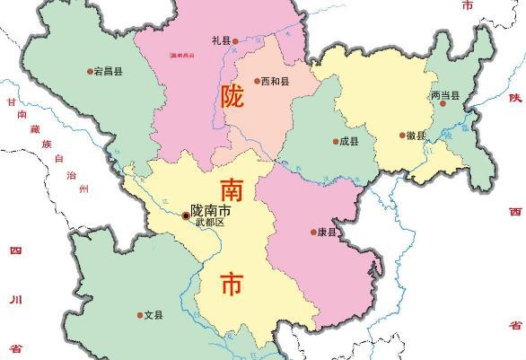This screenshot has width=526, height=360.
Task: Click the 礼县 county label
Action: [220, 40]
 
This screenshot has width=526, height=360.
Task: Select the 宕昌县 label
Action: [107, 72]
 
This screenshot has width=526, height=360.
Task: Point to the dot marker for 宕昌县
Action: [90, 72]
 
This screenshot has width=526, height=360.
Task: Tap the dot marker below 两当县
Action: [442, 105]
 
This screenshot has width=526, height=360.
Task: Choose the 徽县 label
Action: [416, 136]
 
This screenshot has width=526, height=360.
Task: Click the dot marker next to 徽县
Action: [402, 136]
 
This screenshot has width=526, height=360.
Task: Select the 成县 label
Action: [346, 141]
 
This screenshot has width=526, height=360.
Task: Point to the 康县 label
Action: [328, 233]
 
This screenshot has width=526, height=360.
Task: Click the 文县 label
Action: [153, 315]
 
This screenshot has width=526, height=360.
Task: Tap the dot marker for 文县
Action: [140, 315]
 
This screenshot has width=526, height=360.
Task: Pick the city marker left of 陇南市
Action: [186, 215]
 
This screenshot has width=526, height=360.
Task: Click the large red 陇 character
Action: [232, 97]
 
